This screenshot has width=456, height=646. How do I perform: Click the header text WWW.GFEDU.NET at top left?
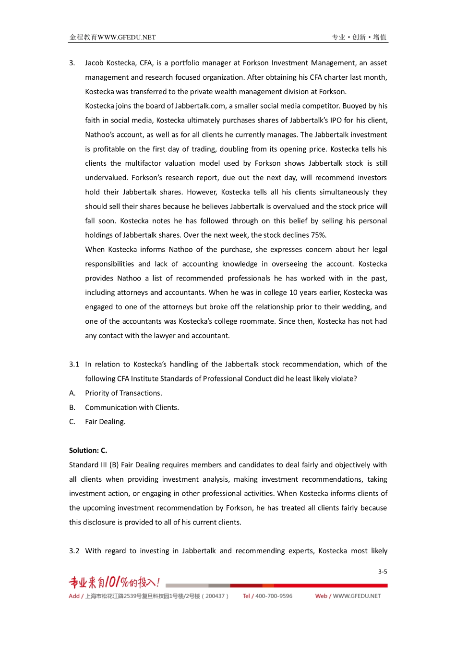127,37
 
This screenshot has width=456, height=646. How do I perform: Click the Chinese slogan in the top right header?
359,37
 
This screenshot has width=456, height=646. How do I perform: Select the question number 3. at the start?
72,63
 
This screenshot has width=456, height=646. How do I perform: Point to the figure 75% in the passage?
318,235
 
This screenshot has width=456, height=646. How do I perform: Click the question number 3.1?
74,364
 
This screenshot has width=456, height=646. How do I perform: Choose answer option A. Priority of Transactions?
123,393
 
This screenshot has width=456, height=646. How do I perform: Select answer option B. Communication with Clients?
132,407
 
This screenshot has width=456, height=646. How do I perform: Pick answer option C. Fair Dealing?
105,422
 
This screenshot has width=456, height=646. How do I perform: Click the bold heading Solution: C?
88,451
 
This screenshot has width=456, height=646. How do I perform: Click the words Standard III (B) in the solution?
94,465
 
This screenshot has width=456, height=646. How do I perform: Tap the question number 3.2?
74,551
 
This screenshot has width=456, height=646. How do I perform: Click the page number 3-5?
382,572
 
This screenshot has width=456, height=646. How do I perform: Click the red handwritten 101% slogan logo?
114,582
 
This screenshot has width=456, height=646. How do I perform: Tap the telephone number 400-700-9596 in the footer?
274,596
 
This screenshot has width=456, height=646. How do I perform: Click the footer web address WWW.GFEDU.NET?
357,596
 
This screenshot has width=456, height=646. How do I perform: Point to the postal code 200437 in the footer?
215,596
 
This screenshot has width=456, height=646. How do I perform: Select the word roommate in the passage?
258,321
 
